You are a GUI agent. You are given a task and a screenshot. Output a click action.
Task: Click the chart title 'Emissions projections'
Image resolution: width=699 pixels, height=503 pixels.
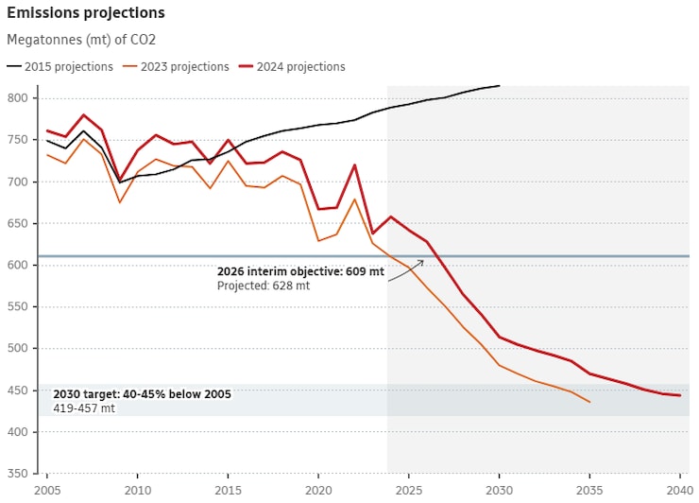tap(86, 13)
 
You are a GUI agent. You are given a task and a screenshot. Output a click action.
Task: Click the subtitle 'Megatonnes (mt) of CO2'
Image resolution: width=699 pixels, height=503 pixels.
tap(81, 40)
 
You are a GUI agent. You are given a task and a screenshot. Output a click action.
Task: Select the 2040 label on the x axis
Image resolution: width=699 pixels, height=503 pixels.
tap(678, 491)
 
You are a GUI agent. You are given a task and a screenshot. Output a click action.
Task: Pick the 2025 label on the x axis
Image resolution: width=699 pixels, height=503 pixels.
tap(408, 491)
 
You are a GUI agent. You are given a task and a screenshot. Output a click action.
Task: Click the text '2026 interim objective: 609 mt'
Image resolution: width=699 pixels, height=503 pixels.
tap(300, 271)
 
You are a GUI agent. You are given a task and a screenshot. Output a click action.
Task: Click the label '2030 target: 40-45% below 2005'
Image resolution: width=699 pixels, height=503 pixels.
tap(142, 393)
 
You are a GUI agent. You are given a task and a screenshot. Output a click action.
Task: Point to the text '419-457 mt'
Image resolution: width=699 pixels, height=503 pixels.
tap(83, 408)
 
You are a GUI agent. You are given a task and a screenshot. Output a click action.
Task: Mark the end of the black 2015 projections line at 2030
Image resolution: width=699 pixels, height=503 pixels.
tap(499, 85)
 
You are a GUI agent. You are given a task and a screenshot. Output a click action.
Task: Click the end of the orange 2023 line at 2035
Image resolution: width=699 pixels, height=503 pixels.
tap(589, 402)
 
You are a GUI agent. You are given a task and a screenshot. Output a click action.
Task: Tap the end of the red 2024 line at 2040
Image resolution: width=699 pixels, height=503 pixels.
tap(679, 395)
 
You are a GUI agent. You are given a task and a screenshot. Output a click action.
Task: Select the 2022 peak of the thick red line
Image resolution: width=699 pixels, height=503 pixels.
tap(354, 165)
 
